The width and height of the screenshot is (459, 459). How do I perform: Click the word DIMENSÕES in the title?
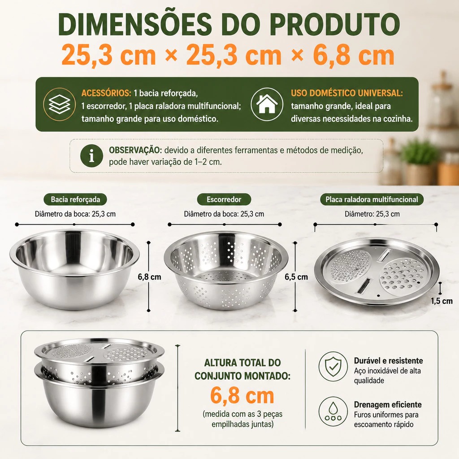[x=134, y=24]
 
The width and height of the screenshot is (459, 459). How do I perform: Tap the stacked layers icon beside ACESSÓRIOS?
[x=60, y=104]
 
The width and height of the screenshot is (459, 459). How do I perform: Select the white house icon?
[x=267, y=104]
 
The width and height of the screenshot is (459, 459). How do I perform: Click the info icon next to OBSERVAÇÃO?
[x=91, y=156]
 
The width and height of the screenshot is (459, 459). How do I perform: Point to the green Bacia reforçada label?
[x=75, y=199]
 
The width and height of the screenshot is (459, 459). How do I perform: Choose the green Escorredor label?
[x=224, y=199]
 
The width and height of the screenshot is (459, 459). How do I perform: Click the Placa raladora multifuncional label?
[x=372, y=199]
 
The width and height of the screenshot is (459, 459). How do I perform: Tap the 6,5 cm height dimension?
[x=296, y=277]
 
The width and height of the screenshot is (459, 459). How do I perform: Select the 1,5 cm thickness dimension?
[x=442, y=301]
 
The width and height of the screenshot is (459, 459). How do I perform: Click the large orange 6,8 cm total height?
[x=242, y=395]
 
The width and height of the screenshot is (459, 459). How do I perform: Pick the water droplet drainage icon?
[x=333, y=411]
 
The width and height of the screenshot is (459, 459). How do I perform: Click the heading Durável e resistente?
[x=389, y=361]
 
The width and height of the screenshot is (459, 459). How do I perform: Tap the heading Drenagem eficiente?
[x=388, y=405]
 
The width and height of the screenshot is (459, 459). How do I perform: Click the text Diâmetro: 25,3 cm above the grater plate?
[x=372, y=214]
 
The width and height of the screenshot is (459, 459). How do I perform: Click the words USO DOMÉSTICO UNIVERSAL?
[x=347, y=93]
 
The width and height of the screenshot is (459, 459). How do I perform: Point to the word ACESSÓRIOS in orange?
[x=106, y=93]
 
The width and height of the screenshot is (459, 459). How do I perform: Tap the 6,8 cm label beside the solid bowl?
[x=150, y=277]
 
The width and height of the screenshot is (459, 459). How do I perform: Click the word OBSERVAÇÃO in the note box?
[x=135, y=150]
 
